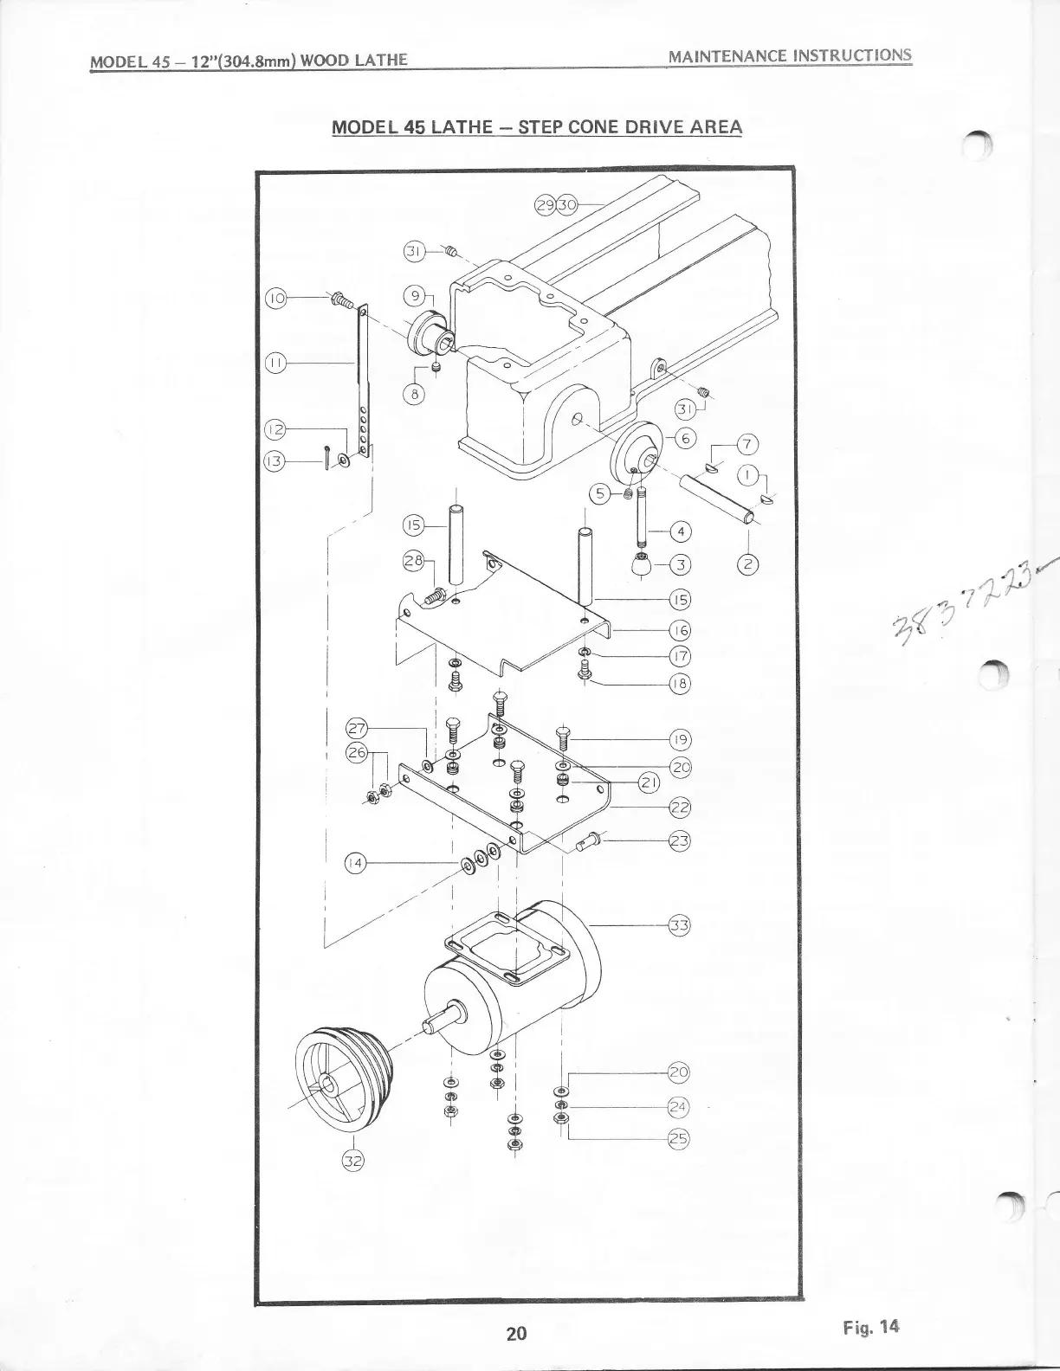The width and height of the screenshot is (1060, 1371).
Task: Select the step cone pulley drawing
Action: [x=341, y=1076]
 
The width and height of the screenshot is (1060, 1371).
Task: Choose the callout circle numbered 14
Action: [x=355, y=863]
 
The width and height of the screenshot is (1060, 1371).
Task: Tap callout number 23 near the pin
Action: [x=679, y=840]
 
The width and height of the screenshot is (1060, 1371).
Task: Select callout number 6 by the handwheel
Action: [x=684, y=439]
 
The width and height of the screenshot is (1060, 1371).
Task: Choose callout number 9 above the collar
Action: [x=415, y=296]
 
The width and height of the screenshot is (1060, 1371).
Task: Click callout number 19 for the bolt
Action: [x=681, y=739]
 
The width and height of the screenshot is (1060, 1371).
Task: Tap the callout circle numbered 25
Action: [x=679, y=1140]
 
